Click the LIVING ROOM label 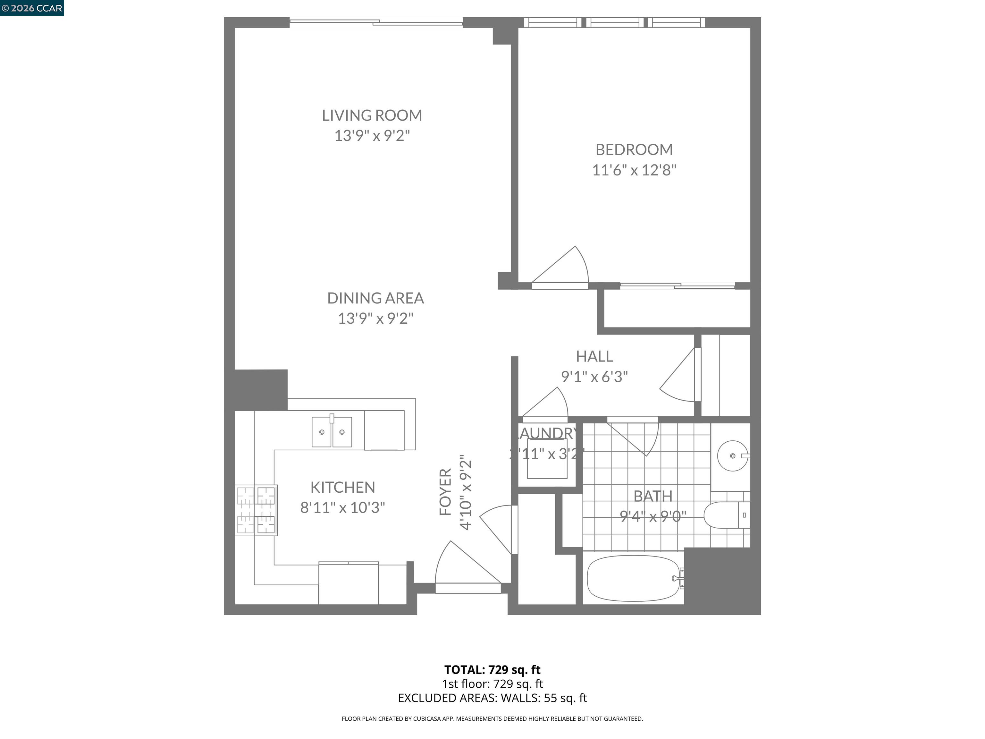point(372,115)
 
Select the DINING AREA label point(375,298)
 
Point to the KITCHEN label point(342,487)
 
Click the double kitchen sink point(332,432)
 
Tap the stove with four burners point(257,510)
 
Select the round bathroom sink point(733,456)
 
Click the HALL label point(594,356)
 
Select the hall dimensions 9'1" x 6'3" point(594,377)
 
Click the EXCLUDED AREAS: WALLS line point(492,698)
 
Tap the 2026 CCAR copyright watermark point(32,8)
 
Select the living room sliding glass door point(376,22)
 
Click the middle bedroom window point(615,22)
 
